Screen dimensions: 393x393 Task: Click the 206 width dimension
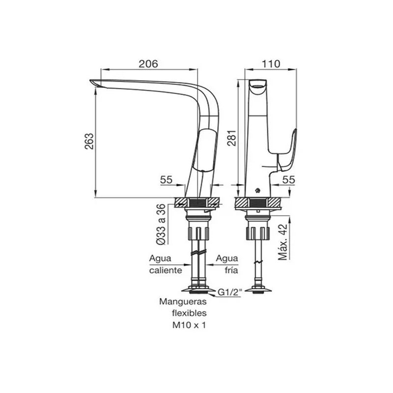click(x=148, y=63)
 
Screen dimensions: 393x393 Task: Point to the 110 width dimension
click(x=271, y=63)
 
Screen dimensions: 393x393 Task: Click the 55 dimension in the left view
click(x=166, y=180)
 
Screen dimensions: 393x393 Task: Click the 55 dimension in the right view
click(x=289, y=180)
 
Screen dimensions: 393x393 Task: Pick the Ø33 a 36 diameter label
click(x=160, y=225)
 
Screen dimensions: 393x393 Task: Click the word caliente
click(x=166, y=270)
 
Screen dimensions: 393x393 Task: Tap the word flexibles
click(x=189, y=314)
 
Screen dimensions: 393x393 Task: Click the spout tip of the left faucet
click(x=94, y=83)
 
